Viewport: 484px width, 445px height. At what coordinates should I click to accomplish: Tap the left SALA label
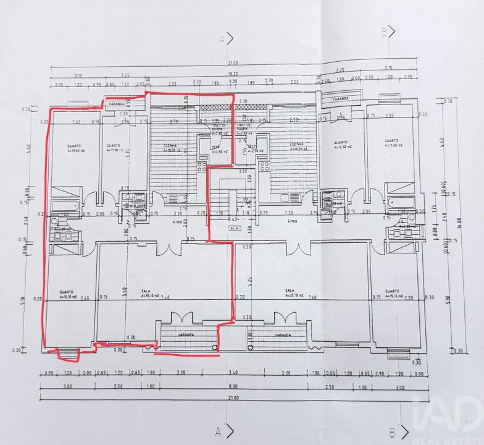coord(146,291)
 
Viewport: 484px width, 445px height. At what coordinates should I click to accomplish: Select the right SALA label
coord(288,291)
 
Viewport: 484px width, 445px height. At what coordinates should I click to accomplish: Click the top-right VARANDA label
coord(338,98)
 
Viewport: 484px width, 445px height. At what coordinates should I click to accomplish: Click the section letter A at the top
coord(220,38)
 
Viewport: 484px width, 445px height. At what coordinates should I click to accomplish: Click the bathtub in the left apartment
coord(64,206)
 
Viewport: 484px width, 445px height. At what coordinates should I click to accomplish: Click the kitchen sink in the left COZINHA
coord(175,198)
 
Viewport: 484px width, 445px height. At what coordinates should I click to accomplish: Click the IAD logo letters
coord(446,415)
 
